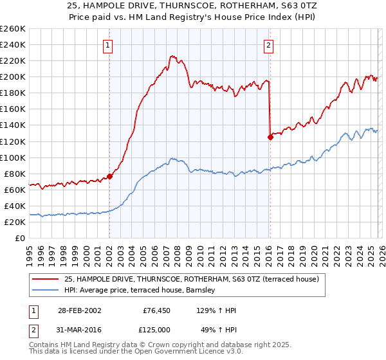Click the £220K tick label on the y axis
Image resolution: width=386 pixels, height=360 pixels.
point(13,60)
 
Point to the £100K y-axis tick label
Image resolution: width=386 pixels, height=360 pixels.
point(13,157)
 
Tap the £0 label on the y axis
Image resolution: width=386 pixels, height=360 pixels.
point(21,238)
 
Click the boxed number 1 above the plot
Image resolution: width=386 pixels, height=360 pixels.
point(108,45)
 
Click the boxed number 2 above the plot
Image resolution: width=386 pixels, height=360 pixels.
point(268,45)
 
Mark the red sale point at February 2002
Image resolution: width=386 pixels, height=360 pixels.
point(109,175)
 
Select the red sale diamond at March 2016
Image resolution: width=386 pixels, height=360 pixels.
point(270,136)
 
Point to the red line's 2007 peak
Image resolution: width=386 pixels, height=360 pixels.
point(170,57)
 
